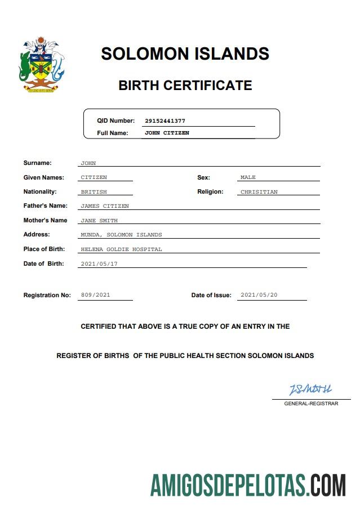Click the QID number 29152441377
pos(165,121)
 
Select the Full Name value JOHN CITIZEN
pos(167,133)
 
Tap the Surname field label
pos(37,163)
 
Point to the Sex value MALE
pos(248,177)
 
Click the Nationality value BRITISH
pos(94,192)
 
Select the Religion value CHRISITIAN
pos(259,192)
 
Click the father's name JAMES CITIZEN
pos(105,206)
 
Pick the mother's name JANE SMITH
pos(99,221)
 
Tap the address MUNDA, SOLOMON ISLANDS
pos(121,235)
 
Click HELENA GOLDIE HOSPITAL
pos(121,249)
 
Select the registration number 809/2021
pos(95,295)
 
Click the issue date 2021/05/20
pos(259,295)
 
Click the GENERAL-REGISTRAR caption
pos(311,404)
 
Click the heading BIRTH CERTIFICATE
pos(185,86)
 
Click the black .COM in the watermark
pos(327,485)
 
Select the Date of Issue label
pos(211,296)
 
